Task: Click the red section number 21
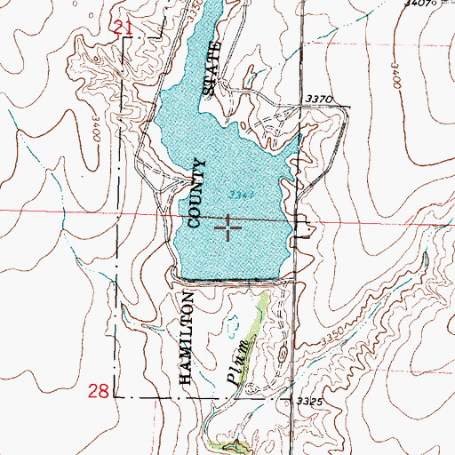124,30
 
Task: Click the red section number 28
100,391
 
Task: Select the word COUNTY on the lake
196,193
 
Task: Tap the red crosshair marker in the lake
228,227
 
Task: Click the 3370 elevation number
316,100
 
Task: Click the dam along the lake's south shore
235,282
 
